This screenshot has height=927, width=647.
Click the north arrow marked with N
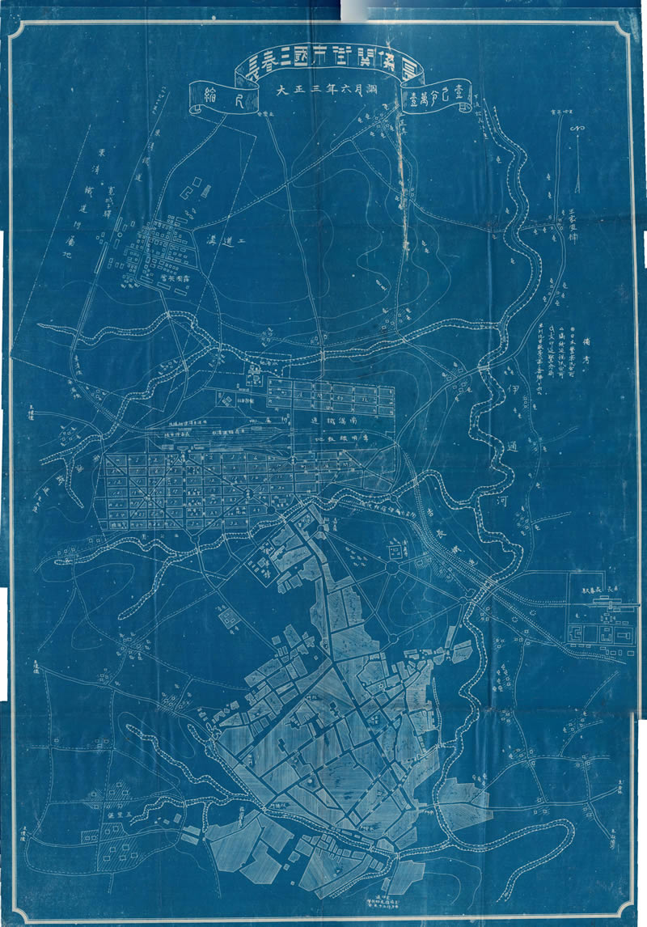[x=577, y=129]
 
